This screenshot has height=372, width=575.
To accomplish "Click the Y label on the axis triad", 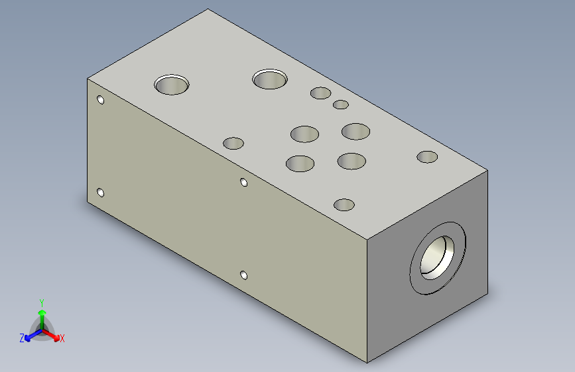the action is pos(42,302).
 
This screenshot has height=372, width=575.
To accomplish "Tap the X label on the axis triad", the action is pos(62,338).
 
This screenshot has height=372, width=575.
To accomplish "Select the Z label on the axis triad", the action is pos(22,338).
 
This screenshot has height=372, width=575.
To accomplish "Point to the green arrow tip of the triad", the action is pos(42,312).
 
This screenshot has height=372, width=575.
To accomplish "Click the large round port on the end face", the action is pos(438,257).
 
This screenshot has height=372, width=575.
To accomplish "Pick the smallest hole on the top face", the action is pos(341,105).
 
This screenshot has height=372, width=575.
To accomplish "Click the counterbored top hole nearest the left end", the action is pos(172,85).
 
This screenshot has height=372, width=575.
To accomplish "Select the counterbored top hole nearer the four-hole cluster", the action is pos(270,79).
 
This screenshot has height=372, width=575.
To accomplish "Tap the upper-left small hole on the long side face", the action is pos(101,99).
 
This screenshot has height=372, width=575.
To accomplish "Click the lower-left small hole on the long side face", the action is pos(101,193).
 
